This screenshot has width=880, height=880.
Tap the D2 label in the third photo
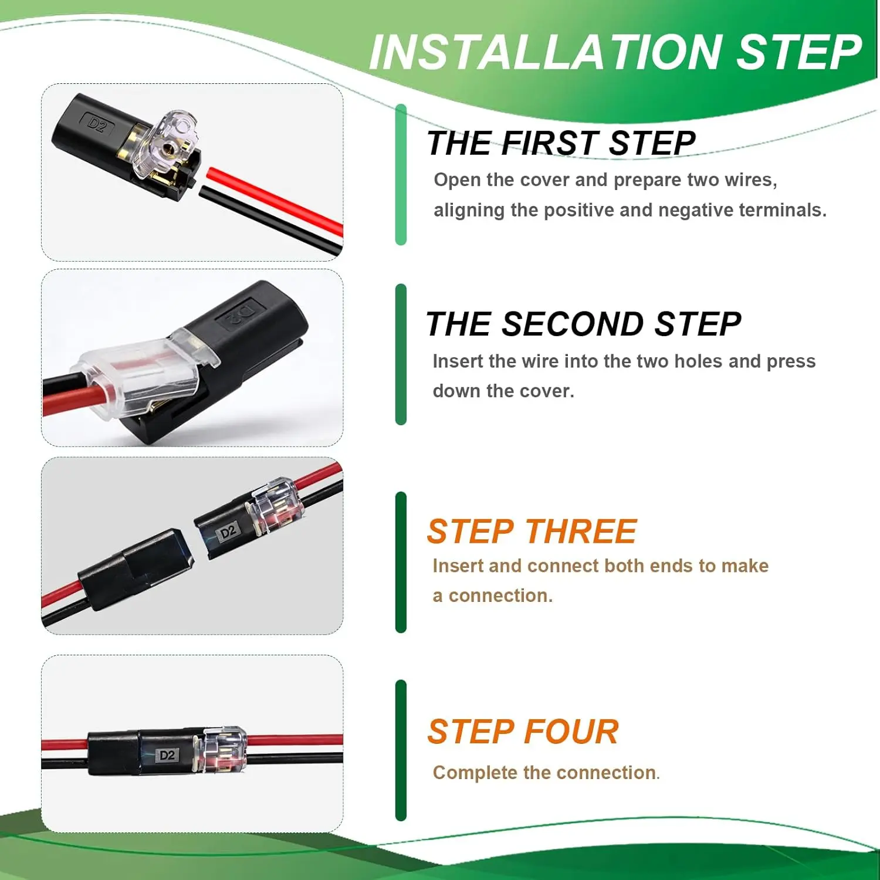point(228,532)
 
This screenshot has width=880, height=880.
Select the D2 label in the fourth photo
point(167,755)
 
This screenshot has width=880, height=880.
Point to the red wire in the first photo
point(275,201)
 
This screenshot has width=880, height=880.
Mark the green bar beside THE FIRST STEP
point(401,174)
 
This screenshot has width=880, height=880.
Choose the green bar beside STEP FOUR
point(401,750)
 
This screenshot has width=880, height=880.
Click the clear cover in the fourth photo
point(223,750)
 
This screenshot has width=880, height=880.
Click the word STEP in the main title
point(799,52)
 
